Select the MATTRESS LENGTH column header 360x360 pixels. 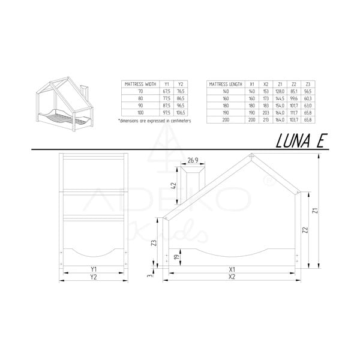pos(226,85)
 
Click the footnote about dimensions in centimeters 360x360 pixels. pos(155,121)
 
